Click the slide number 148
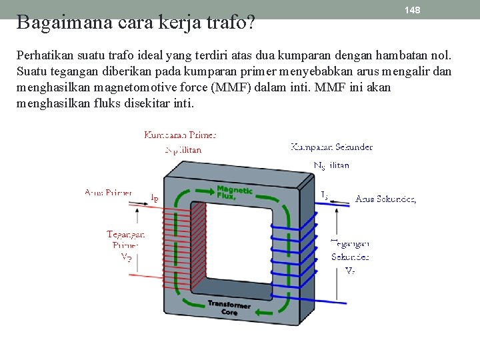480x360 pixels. (x=413, y=10)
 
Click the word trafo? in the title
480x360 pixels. (x=233, y=23)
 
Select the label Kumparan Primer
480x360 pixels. (x=180, y=135)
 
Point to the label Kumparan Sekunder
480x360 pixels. (x=331, y=147)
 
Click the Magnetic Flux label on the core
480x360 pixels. (x=234, y=192)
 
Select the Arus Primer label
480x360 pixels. (x=108, y=193)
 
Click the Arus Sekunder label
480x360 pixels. (x=386, y=199)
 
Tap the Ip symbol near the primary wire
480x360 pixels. (x=154, y=197)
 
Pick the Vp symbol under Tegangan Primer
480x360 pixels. (x=126, y=257)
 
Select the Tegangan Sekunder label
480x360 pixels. (x=350, y=251)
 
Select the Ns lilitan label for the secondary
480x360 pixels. (x=331, y=165)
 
